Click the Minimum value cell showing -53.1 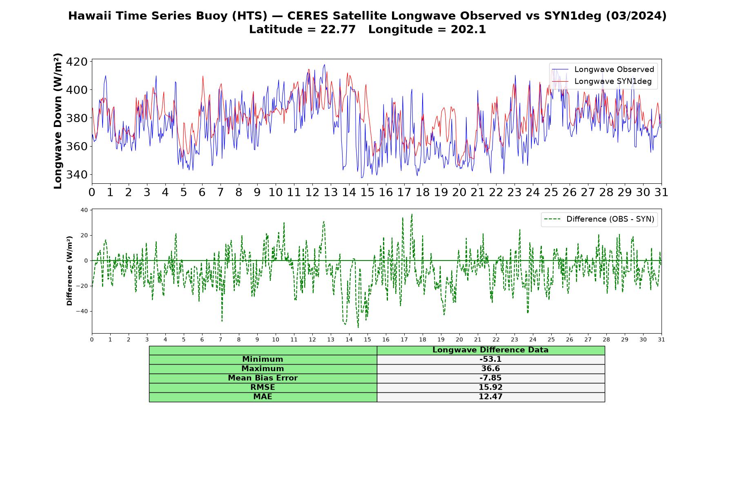coord(490,359)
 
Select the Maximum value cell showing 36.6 coord(490,369)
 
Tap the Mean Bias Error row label coord(263,378)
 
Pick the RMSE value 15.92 coord(490,388)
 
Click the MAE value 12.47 coord(490,397)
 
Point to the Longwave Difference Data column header coord(490,350)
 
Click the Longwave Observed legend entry coord(603,69)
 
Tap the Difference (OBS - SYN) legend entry coord(599,219)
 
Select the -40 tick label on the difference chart coord(81,311)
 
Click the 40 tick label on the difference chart coord(84,210)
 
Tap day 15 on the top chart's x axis coord(367,192)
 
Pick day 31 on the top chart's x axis coord(661,192)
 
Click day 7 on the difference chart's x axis coord(220,339)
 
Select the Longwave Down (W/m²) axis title coord(58,121)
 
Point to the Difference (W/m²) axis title coord(69,271)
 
